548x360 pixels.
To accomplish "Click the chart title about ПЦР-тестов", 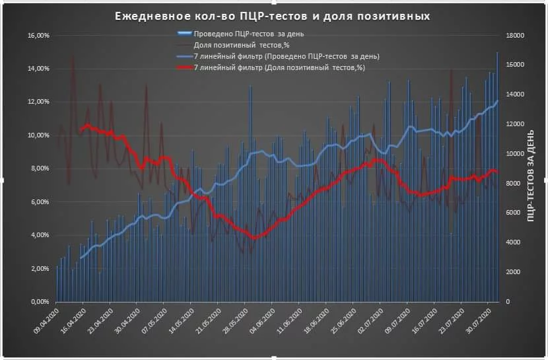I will coord(271,17).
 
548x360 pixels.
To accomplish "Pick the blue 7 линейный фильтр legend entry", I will coord(287,56).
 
